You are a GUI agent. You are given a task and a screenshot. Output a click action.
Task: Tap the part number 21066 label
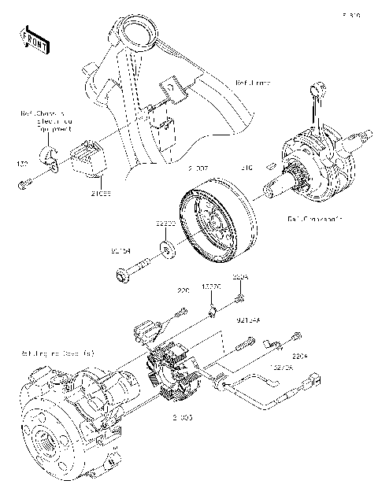point(100,193)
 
